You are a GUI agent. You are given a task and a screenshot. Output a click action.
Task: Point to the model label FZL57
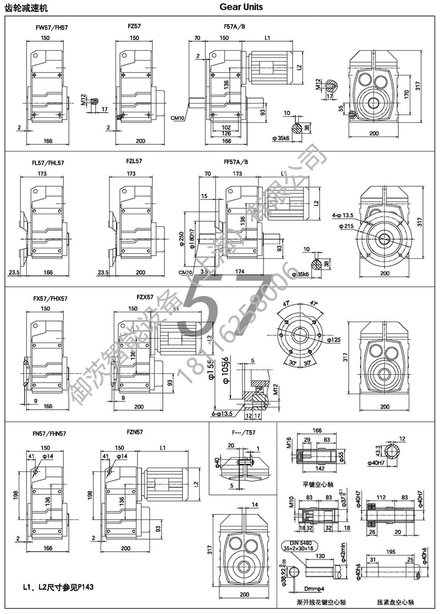[134, 161]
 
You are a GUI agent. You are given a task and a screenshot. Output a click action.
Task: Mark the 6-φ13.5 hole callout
[222, 413]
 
